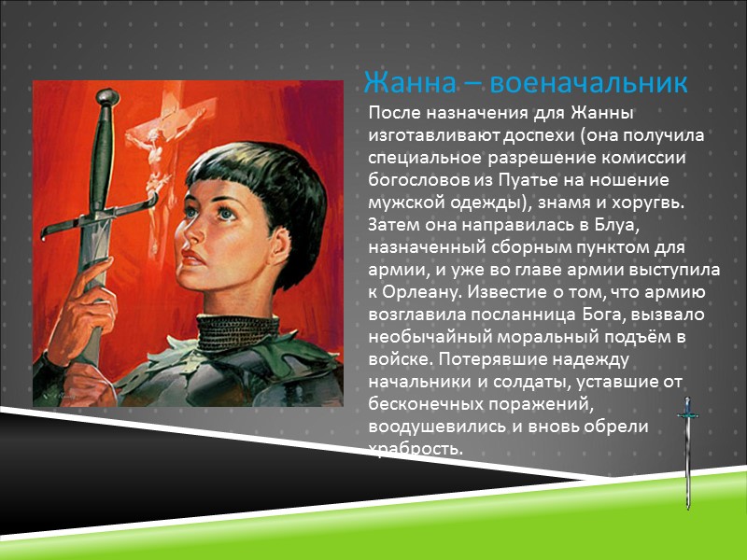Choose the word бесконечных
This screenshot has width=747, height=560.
425,404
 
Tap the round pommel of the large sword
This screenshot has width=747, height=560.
106,96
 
